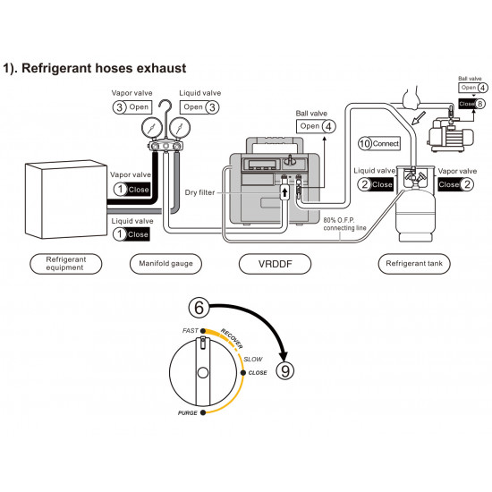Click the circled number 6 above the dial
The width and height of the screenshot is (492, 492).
199,308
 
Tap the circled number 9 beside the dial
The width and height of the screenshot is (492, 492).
284,370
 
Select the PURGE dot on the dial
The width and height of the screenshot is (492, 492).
203,412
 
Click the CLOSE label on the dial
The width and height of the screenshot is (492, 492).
258,373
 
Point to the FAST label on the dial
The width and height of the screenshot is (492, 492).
191,331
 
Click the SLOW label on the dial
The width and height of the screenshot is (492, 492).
253,359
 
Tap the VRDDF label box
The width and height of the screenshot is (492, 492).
275,264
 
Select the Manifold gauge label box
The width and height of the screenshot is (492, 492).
165,264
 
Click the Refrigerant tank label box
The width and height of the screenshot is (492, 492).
414,264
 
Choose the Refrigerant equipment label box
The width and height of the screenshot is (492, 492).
66,264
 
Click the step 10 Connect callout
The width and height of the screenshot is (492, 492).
379,144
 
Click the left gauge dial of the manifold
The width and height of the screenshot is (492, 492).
152,128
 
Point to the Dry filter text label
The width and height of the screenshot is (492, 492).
199,192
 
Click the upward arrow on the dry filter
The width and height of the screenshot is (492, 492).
284,191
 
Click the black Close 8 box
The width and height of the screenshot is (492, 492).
471,104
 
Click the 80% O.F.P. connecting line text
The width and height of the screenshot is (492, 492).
344,224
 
